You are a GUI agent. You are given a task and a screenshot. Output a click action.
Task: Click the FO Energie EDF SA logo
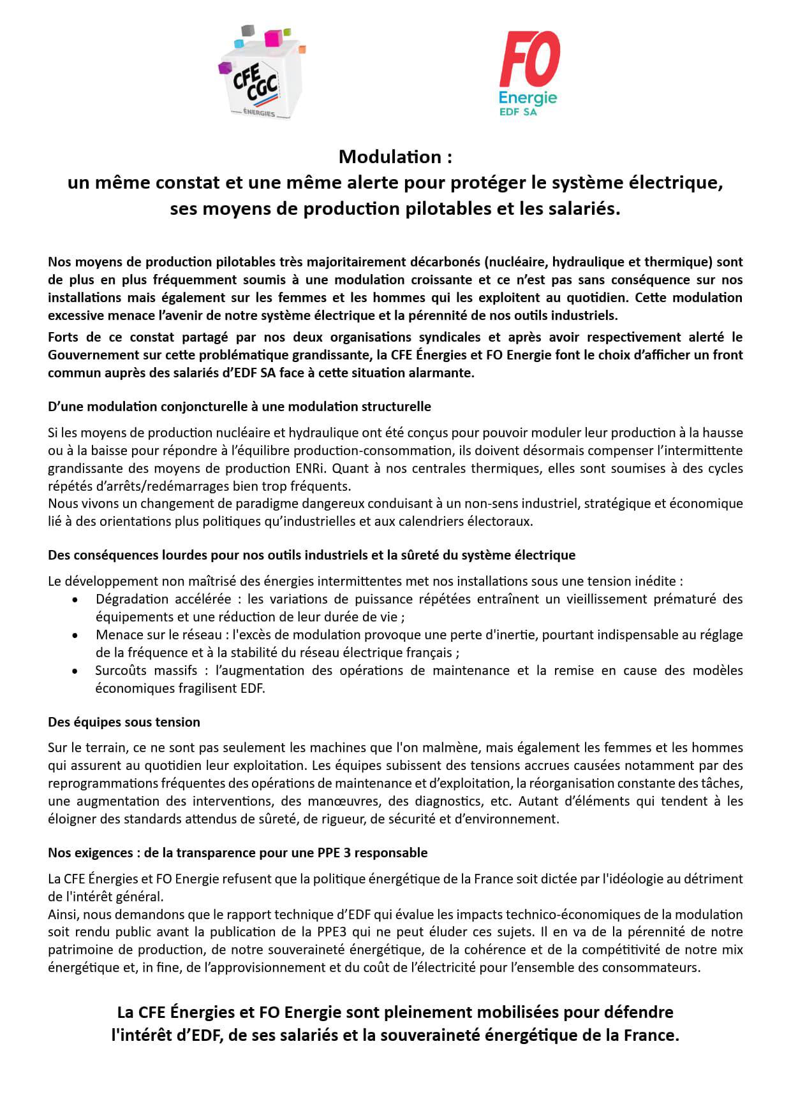[x=528, y=74]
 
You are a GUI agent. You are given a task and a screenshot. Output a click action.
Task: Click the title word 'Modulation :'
[x=395, y=156]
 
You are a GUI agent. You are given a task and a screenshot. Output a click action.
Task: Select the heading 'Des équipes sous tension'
[x=124, y=722]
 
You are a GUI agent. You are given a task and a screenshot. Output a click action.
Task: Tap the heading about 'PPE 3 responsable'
[x=237, y=852]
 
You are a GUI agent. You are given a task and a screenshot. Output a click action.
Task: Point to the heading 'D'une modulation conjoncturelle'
[x=239, y=406]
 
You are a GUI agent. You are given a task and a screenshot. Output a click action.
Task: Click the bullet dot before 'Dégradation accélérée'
[x=76, y=600]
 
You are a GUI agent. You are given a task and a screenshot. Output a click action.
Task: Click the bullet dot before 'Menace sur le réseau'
[x=76, y=635]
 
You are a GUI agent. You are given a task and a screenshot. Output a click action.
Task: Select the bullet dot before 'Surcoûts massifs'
[x=76, y=671]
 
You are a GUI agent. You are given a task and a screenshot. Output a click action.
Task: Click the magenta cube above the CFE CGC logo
[x=274, y=38]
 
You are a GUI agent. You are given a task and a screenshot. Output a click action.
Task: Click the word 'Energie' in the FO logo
[x=528, y=98]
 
